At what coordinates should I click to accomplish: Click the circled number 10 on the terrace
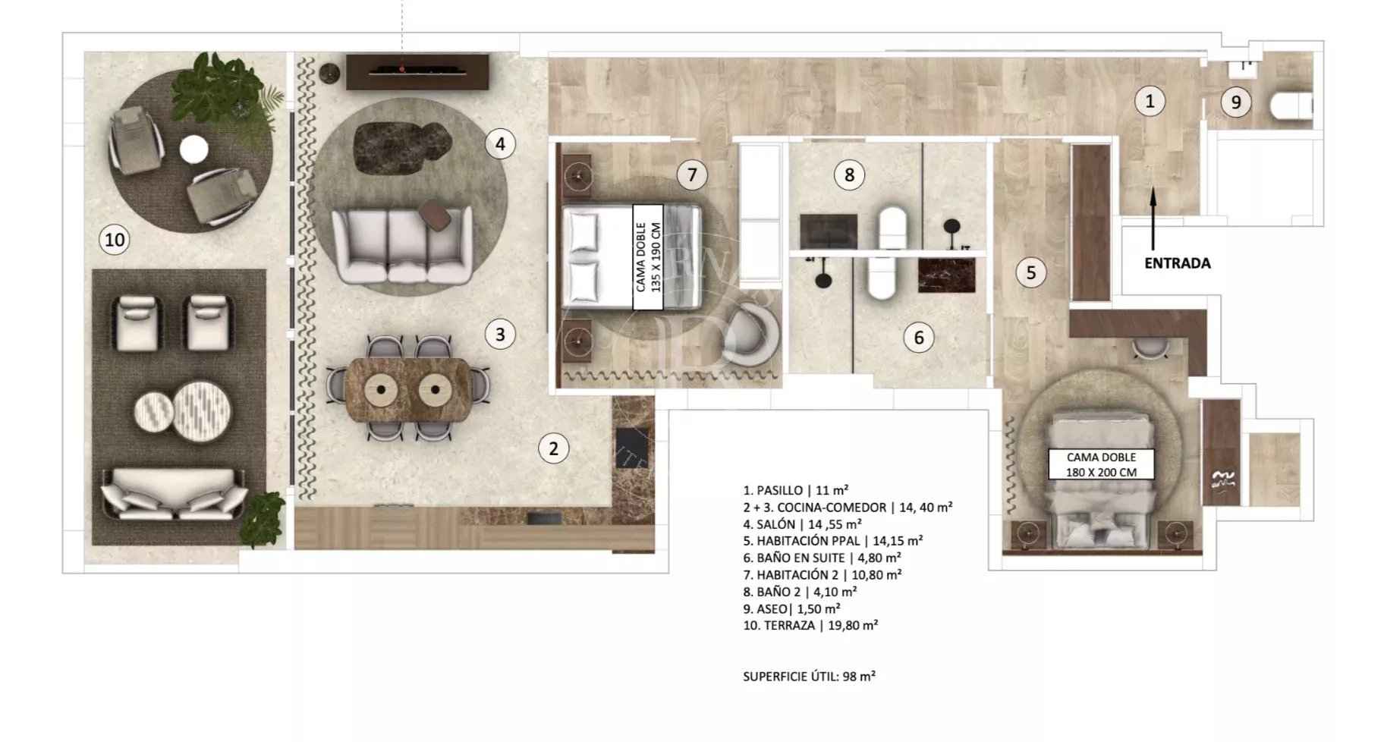[x=115, y=241]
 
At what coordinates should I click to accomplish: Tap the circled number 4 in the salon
[x=500, y=143]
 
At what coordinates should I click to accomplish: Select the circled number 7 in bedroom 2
[x=692, y=175]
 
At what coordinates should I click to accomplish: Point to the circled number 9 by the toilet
[x=1236, y=102]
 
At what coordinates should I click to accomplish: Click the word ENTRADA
[x=1178, y=263]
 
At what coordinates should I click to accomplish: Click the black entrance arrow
[x=1153, y=219]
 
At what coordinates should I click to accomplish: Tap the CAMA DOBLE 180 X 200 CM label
[x=1102, y=464]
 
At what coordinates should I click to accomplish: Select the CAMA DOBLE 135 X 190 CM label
[x=648, y=256]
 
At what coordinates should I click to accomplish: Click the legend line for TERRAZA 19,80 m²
[x=811, y=626]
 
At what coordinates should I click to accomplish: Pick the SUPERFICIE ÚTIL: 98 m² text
[x=810, y=676]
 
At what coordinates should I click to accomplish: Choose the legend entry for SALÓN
[x=803, y=524]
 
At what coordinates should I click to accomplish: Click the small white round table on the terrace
[x=193, y=149]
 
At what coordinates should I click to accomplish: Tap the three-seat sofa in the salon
[x=401, y=246]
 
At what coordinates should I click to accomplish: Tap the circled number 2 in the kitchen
[x=553, y=448]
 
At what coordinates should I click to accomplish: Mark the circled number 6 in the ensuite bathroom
[x=919, y=338]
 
